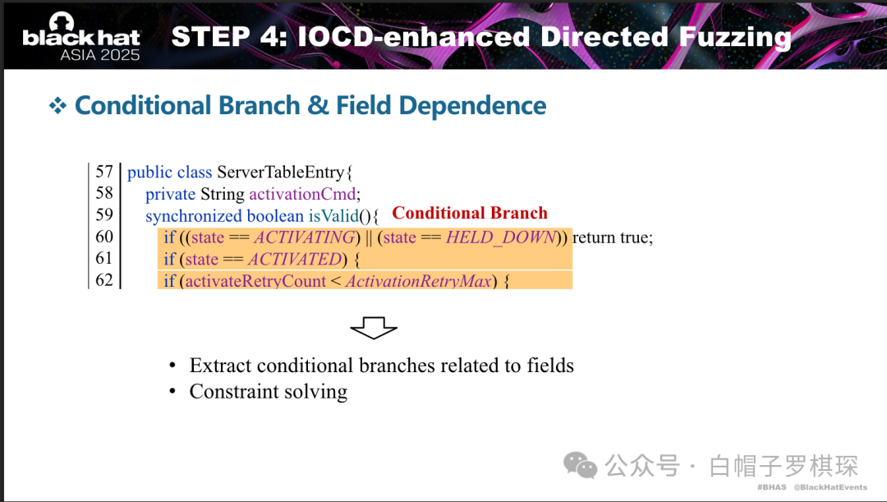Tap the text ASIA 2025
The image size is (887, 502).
tap(100, 55)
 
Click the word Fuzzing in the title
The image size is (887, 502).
tap(735, 37)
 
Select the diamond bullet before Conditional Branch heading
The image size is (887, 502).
tap(57, 105)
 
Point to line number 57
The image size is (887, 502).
tap(104, 172)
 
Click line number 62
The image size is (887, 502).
tap(104, 280)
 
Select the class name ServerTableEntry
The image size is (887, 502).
tap(281, 172)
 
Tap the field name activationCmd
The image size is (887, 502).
tap(302, 194)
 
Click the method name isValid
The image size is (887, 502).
tap(333, 215)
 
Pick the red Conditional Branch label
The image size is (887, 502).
tap(470, 213)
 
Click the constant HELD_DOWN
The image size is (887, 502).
tap(501, 237)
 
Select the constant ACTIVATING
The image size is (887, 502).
tap(305, 237)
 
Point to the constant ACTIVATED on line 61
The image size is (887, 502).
tap(295, 259)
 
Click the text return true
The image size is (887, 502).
tap(612, 237)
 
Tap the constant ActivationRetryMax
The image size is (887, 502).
tap(419, 281)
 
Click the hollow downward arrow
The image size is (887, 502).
tap(374, 329)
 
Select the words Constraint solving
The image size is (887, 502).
tap(268, 392)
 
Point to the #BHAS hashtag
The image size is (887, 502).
tap(771, 487)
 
